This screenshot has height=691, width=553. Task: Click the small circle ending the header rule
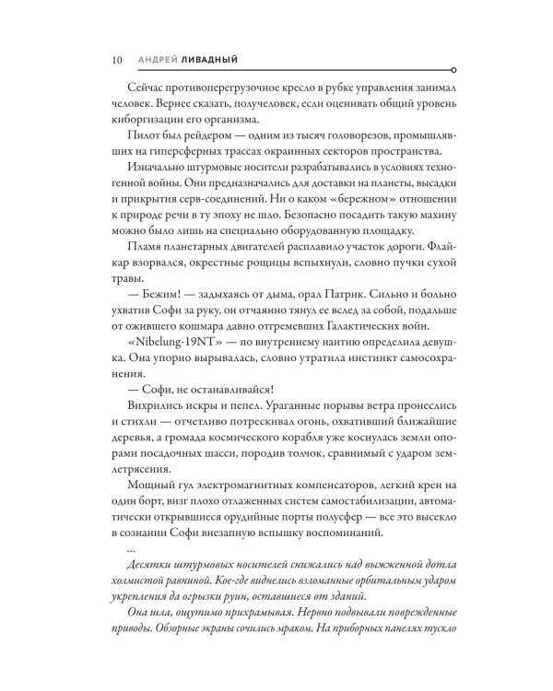[451, 68]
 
